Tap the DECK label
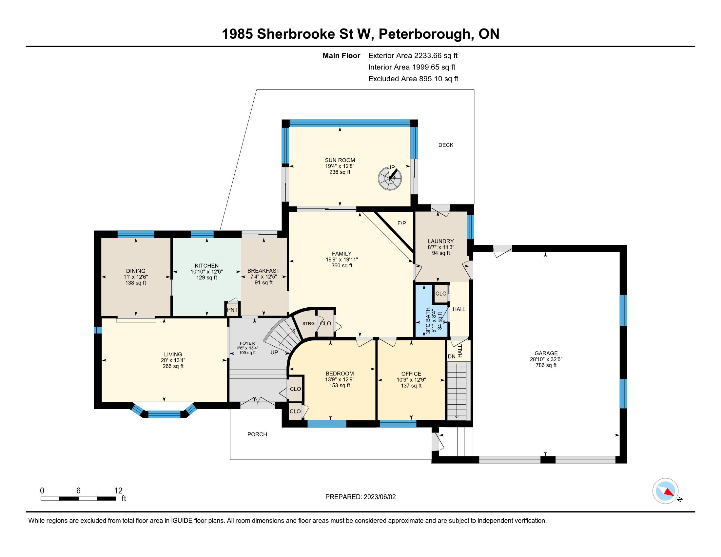[446, 145]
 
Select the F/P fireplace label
[401, 223]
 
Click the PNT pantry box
[232, 310]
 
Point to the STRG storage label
[308, 323]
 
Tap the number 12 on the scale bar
[118, 490]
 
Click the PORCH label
[257, 434]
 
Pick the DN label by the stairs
[451, 356]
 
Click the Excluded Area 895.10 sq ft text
[413, 79]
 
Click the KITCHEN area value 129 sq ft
[207, 278]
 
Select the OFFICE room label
[411, 374]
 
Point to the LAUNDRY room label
[441, 241]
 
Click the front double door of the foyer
[258, 402]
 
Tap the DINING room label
[136, 271]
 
